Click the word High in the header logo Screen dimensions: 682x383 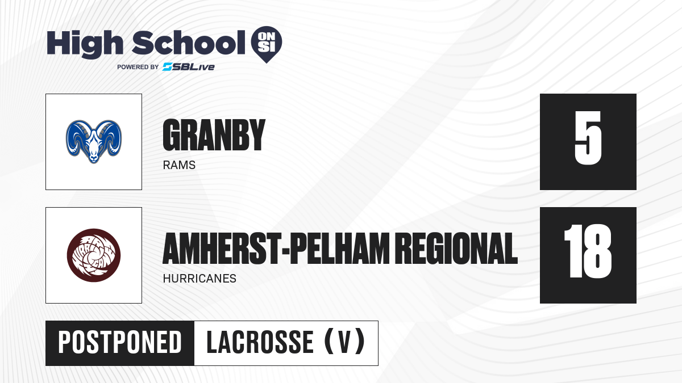click(85, 44)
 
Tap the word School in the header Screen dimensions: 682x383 click(189, 43)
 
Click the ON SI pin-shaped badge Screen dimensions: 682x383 click(267, 44)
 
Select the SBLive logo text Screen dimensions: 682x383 click(189, 67)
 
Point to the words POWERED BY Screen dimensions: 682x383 click(138, 67)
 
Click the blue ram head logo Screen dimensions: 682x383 click(94, 142)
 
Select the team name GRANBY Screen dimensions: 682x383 click(214, 135)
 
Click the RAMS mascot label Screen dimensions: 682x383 click(179, 165)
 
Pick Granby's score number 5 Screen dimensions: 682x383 click(588, 138)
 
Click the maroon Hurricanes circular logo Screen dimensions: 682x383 click(94, 255)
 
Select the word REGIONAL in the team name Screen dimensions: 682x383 click(458, 249)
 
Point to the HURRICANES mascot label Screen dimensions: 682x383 click(199, 279)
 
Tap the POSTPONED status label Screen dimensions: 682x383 click(120, 343)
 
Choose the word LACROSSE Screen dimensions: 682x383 click(260, 343)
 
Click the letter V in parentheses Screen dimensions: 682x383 click(345, 343)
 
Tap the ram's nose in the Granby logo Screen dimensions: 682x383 click(94, 158)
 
